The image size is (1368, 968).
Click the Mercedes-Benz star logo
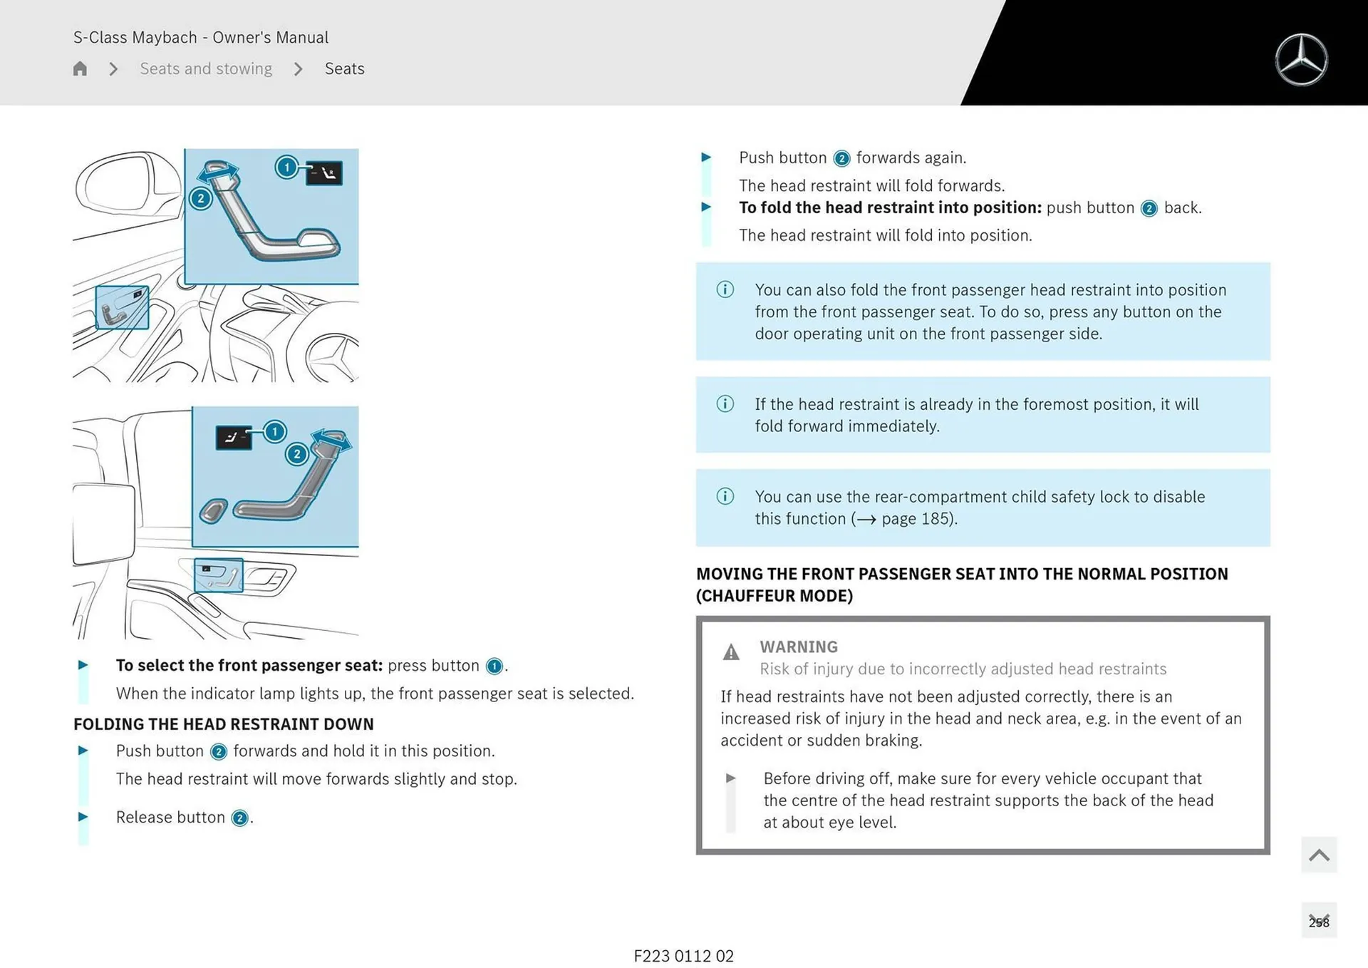tap(1301, 60)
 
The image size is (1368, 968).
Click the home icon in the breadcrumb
tap(80, 68)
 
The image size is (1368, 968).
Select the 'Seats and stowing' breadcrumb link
tap(206, 68)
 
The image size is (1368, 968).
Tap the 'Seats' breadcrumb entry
tap(344, 68)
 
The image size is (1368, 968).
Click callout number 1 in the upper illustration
tap(286, 168)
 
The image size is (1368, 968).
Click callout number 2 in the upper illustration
tap(201, 199)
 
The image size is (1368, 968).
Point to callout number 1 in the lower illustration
tap(274, 431)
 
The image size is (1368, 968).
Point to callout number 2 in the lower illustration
tap(296, 454)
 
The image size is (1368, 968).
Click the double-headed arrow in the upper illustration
tap(219, 172)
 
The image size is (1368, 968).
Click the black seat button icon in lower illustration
tap(233, 438)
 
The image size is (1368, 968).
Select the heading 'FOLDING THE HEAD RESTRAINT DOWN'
tap(223, 724)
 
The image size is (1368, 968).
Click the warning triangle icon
tap(731, 652)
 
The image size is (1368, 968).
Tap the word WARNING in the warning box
tap(798, 647)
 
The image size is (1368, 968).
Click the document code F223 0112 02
tap(683, 956)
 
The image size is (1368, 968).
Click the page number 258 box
tap(1319, 921)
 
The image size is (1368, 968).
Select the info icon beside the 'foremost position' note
tap(725, 404)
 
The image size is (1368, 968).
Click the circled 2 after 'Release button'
tap(240, 818)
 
